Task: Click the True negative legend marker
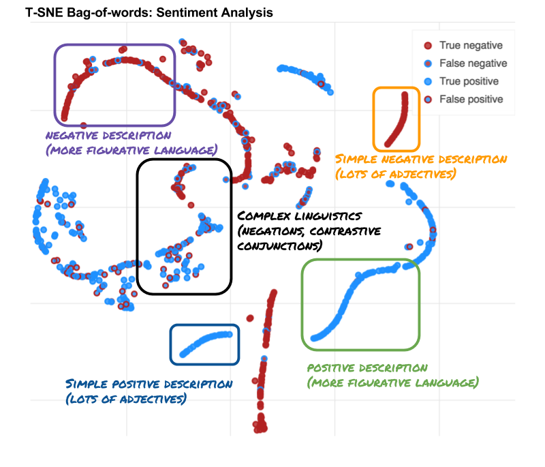pyautogui.click(x=429, y=46)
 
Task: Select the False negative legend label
pyautogui.click(x=473, y=63)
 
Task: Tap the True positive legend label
pyautogui.click(x=469, y=81)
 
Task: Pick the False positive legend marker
pyautogui.click(x=429, y=99)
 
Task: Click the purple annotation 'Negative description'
pyautogui.click(x=108, y=136)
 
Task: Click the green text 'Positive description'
pyautogui.click(x=368, y=368)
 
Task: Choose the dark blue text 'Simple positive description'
pyautogui.click(x=149, y=385)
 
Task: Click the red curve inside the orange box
pyautogui.click(x=398, y=123)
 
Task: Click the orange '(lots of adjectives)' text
pyautogui.click(x=394, y=174)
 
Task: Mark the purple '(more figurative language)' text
pyautogui.click(x=131, y=150)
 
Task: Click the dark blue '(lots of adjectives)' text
pyautogui.click(x=125, y=399)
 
